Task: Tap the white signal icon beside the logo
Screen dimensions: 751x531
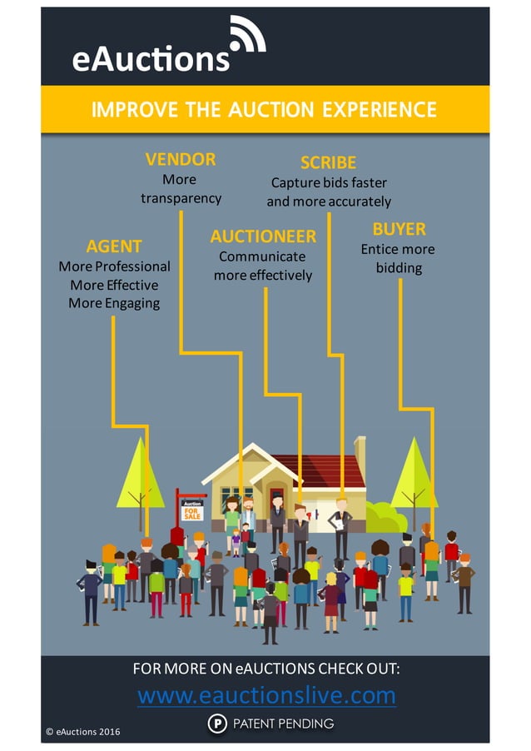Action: click(x=247, y=35)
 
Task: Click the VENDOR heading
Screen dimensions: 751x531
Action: click(x=180, y=159)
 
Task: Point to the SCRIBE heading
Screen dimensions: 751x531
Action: click(x=328, y=162)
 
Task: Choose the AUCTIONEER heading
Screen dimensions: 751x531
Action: click(x=263, y=237)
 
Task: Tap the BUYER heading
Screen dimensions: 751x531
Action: click(x=399, y=229)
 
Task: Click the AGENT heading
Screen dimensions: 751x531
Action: click(x=114, y=246)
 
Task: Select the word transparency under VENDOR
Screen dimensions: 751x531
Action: click(x=181, y=198)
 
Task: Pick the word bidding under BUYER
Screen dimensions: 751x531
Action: click(x=399, y=268)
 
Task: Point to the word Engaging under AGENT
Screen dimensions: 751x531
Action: click(x=132, y=303)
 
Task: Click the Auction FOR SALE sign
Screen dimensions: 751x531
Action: click(x=192, y=510)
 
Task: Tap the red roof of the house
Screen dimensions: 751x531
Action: click(x=325, y=470)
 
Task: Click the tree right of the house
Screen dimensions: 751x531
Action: click(x=414, y=475)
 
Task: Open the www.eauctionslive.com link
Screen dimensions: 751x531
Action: click(x=266, y=695)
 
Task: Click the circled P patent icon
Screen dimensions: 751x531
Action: click(x=216, y=724)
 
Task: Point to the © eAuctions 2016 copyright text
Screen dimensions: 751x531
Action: click(x=83, y=732)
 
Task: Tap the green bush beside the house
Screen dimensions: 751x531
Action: click(x=385, y=518)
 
